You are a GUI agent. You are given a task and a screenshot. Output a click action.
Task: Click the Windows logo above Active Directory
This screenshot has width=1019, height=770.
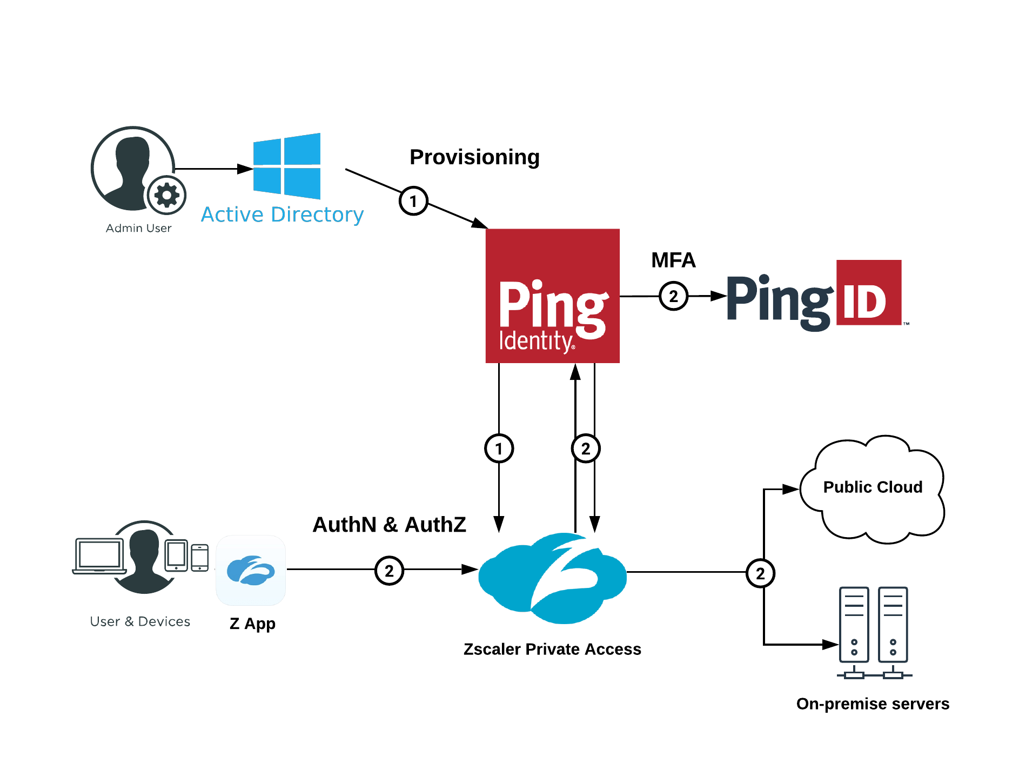pos(287,166)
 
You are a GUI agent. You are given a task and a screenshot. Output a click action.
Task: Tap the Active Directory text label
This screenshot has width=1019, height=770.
pos(282,215)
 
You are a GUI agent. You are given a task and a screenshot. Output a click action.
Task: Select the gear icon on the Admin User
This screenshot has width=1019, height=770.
pos(166,195)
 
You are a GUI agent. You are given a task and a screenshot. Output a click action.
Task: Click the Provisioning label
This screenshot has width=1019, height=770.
pos(474,157)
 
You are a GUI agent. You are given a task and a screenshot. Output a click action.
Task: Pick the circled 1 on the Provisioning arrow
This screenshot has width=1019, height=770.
pos(413,201)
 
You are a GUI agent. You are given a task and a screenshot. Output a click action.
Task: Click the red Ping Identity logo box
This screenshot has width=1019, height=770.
pos(552,296)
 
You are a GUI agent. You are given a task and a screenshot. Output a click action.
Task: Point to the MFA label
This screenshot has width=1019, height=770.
pos(673,260)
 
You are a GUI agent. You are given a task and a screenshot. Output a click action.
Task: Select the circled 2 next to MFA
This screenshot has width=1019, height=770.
pos(673,296)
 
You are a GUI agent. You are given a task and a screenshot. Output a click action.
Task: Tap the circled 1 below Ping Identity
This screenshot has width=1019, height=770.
pos(499,448)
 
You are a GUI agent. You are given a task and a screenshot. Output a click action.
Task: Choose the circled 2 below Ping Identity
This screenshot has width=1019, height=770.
pos(585,448)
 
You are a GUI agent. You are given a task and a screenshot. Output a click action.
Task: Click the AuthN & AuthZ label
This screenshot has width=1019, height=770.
pos(389,525)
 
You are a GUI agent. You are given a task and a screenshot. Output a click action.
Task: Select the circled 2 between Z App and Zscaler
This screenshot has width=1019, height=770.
pos(389,571)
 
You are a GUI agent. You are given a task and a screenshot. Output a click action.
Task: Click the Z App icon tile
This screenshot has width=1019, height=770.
pos(251,571)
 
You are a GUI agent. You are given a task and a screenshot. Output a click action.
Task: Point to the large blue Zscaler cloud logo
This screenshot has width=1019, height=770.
pos(552,578)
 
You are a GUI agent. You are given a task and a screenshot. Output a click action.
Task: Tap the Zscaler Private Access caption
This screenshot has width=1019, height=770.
pos(552,649)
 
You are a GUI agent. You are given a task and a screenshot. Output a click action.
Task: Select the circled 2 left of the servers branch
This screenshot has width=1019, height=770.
pos(760,573)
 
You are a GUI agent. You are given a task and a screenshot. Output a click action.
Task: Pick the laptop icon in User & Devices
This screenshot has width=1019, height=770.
pos(99,555)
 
